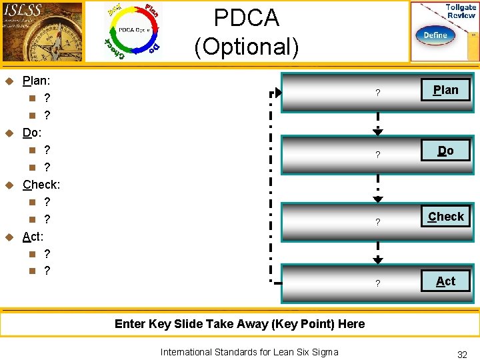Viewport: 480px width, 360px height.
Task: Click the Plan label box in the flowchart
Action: click(445, 90)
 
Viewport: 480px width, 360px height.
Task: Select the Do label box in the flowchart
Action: click(445, 151)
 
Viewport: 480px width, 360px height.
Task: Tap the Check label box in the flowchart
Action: click(445, 216)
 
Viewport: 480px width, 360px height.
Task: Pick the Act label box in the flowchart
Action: click(445, 281)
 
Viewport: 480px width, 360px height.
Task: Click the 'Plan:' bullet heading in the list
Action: click(37, 81)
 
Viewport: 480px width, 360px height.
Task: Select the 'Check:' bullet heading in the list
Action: click(41, 184)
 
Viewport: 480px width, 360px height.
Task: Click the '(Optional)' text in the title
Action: click(246, 47)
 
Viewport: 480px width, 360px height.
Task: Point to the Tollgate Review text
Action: click(460, 11)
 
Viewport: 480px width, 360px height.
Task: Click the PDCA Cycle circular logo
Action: click(133, 31)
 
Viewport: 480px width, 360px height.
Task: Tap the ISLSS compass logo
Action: click(42, 31)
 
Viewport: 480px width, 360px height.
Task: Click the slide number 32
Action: click(462, 355)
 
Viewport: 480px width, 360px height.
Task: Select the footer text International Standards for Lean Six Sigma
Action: click(249, 352)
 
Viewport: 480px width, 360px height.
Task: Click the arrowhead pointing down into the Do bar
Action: click(378, 133)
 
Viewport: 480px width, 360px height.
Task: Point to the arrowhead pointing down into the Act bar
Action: click(378, 261)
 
